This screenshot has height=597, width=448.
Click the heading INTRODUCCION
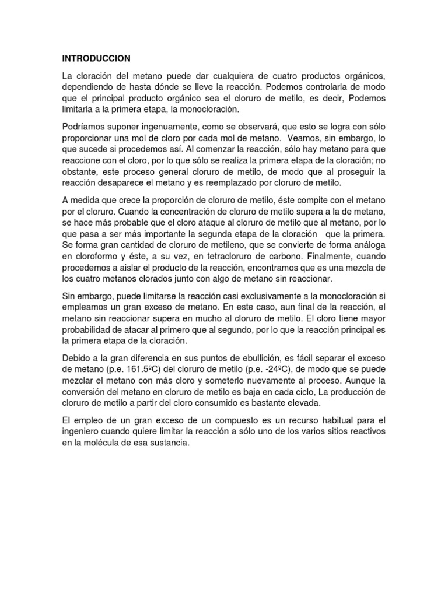[96, 58]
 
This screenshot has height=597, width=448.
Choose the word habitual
[331, 420]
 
